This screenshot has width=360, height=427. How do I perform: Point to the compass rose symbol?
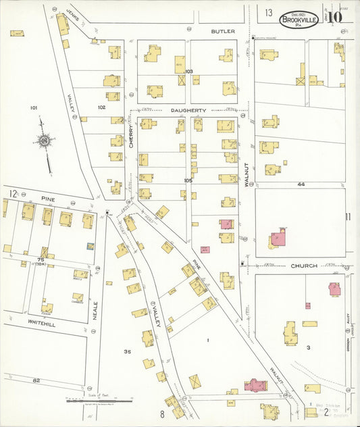point(45,141)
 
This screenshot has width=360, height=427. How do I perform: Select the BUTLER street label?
point(222,32)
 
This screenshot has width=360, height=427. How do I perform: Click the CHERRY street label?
point(131,136)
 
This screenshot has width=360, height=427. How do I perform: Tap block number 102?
point(101,107)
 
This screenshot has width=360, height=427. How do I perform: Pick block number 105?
point(188,181)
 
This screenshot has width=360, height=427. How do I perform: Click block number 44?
point(301,184)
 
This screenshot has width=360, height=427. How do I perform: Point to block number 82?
point(36,381)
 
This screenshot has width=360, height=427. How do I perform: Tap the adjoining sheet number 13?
point(268,13)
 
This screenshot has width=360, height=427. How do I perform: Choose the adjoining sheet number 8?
point(162,413)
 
